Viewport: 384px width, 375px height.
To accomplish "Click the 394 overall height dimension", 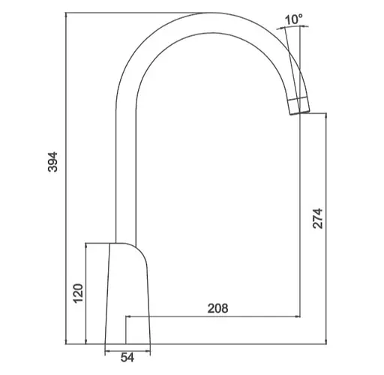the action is (52, 162).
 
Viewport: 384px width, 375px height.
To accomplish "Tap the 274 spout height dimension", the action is (318, 218).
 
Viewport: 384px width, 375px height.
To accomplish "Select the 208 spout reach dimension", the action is (217, 308).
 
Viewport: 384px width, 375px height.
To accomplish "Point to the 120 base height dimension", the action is (78, 293).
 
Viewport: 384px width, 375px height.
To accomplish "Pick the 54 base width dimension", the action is (127, 358).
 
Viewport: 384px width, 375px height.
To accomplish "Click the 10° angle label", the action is (293, 19).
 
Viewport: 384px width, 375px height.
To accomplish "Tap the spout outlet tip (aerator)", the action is (299, 106).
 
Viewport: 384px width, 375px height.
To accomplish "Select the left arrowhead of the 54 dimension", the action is (107, 352).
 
